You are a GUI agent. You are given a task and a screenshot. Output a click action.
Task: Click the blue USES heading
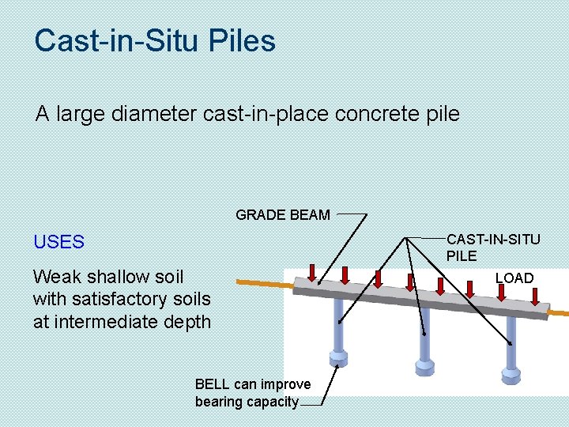pos(58,242)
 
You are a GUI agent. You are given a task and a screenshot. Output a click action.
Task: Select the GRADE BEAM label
pos(283,215)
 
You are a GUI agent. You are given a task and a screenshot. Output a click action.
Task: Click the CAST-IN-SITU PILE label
pos(493,247)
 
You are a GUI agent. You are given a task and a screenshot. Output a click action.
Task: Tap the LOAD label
pos(514,278)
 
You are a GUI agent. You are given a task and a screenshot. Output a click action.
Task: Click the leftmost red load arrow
pos(313,272)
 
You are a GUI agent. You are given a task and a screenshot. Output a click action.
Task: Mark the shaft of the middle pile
pos(425,332)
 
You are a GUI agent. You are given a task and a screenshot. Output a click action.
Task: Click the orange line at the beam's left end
pos(261,280)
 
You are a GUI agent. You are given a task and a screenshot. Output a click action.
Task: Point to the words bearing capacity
pos(247,402)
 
